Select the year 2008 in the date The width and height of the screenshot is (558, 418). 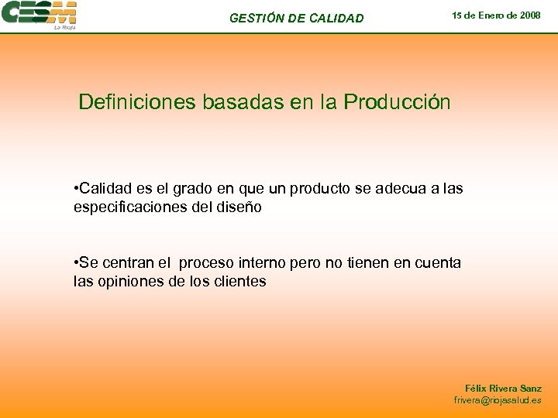click(x=529, y=15)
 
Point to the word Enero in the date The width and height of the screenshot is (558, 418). click(x=490, y=15)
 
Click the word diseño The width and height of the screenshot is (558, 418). click(x=239, y=207)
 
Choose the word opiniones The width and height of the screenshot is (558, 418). click(x=129, y=282)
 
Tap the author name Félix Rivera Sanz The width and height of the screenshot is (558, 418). click(x=503, y=389)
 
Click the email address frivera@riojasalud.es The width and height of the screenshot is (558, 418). click(x=498, y=401)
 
